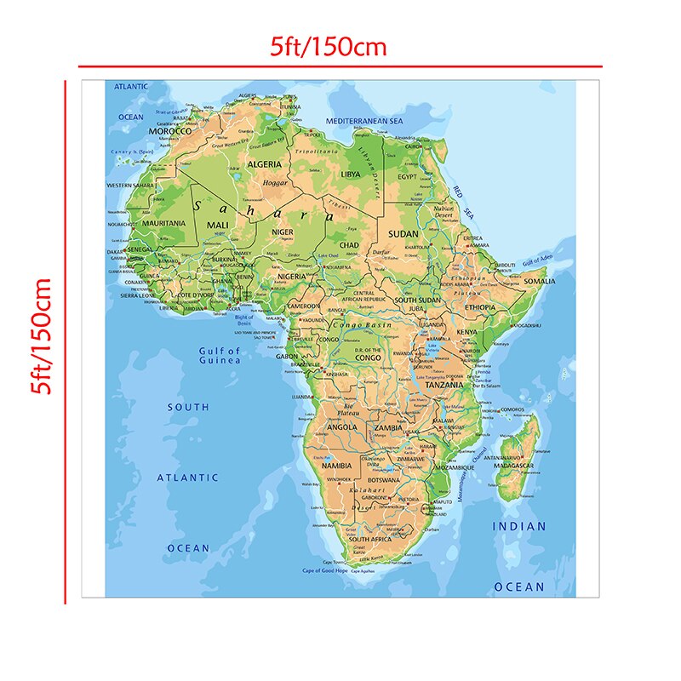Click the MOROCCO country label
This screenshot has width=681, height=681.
[170, 131]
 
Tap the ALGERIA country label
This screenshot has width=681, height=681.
[265, 163]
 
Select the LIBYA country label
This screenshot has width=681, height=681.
[350, 174]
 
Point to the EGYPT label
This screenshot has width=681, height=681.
[408, 176]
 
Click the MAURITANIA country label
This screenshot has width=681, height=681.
[164, 223]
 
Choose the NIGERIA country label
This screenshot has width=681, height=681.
[290, 277]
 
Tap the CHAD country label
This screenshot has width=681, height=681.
[349, 245]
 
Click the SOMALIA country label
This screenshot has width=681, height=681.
[538, 280]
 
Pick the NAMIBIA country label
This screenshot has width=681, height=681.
[337, 466]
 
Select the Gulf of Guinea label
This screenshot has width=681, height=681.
[219, 355]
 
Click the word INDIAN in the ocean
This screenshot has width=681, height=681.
[519, 526]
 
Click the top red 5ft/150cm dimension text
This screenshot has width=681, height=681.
[329, 48]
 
